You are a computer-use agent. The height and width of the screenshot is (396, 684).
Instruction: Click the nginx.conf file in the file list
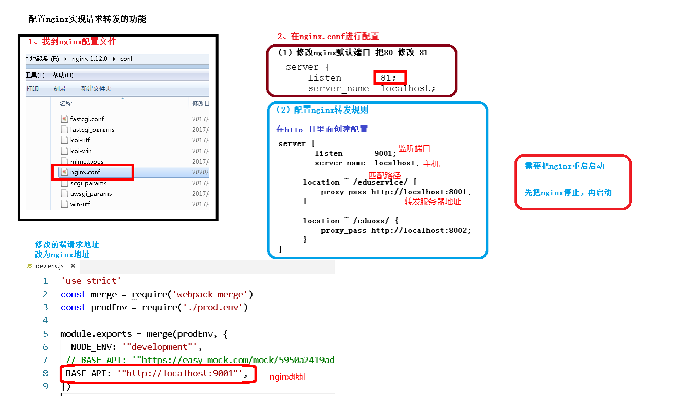[x=85, y=172]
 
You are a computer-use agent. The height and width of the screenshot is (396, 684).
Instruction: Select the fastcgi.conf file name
[x=87, y=119]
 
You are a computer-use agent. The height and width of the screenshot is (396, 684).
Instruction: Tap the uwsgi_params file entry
[x=91, y=194]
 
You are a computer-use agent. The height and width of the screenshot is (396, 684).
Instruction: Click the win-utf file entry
[x=80, y=204]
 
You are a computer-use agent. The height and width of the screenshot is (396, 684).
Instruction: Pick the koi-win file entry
[x=81, y=151]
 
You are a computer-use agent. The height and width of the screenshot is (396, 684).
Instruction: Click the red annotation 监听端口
[x=414, y=149]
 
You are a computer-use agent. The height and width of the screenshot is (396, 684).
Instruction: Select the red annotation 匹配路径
[x=384, y=175]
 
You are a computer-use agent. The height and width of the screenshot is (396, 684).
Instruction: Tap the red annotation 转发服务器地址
[x=433, y=201]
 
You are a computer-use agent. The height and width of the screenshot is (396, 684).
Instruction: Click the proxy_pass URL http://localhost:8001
[x=421, y=192]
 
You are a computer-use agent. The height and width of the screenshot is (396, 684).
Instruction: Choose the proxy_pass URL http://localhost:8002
[x=421, y=230]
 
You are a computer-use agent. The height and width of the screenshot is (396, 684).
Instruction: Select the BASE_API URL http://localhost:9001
[x=179, y=374]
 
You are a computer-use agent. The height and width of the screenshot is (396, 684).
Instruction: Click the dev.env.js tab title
[x=50, y=266]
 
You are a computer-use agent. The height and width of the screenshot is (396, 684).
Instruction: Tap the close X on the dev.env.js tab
[x=73, y=266]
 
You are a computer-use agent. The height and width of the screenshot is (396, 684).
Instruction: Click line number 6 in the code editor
[x=46, y=347]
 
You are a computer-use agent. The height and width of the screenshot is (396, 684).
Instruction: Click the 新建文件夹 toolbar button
[x=96, y=89]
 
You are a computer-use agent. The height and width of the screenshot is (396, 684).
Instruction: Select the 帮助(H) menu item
[x=63, y=75]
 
